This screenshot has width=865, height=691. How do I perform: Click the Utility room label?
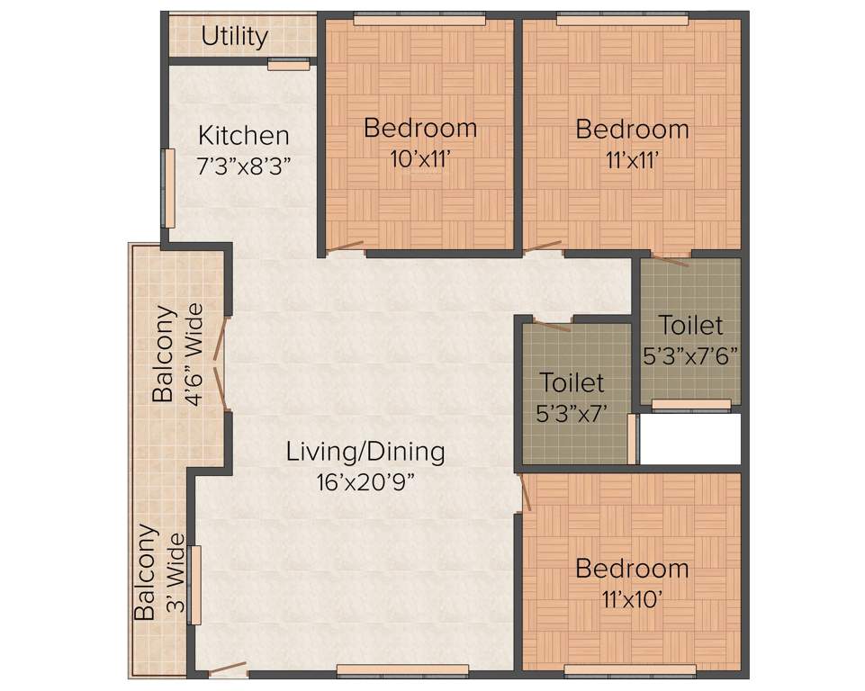(234, 37)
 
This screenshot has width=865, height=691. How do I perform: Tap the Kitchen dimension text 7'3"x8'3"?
(244, 167)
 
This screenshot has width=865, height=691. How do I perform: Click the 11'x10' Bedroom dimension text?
(632, 599)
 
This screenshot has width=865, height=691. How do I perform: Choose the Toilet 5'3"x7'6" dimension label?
(690, 355)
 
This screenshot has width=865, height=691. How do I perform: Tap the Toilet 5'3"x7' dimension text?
(572, 415)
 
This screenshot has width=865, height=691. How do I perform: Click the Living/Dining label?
(365, 451)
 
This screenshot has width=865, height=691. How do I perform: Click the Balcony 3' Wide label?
(159, 573)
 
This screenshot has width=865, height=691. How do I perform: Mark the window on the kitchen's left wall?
(167, 188)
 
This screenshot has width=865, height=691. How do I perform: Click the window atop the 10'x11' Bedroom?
(419, 18)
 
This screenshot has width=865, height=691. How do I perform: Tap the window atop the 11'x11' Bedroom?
(622, 18)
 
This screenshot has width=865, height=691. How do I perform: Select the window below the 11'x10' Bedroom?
(630, 670)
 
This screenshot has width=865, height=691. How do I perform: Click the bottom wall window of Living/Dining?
(402, 670)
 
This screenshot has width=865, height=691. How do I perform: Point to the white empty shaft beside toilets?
(689, 439)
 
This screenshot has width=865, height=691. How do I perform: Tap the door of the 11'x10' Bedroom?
(525, 493)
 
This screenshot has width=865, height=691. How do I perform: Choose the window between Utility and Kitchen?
(288, 65)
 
